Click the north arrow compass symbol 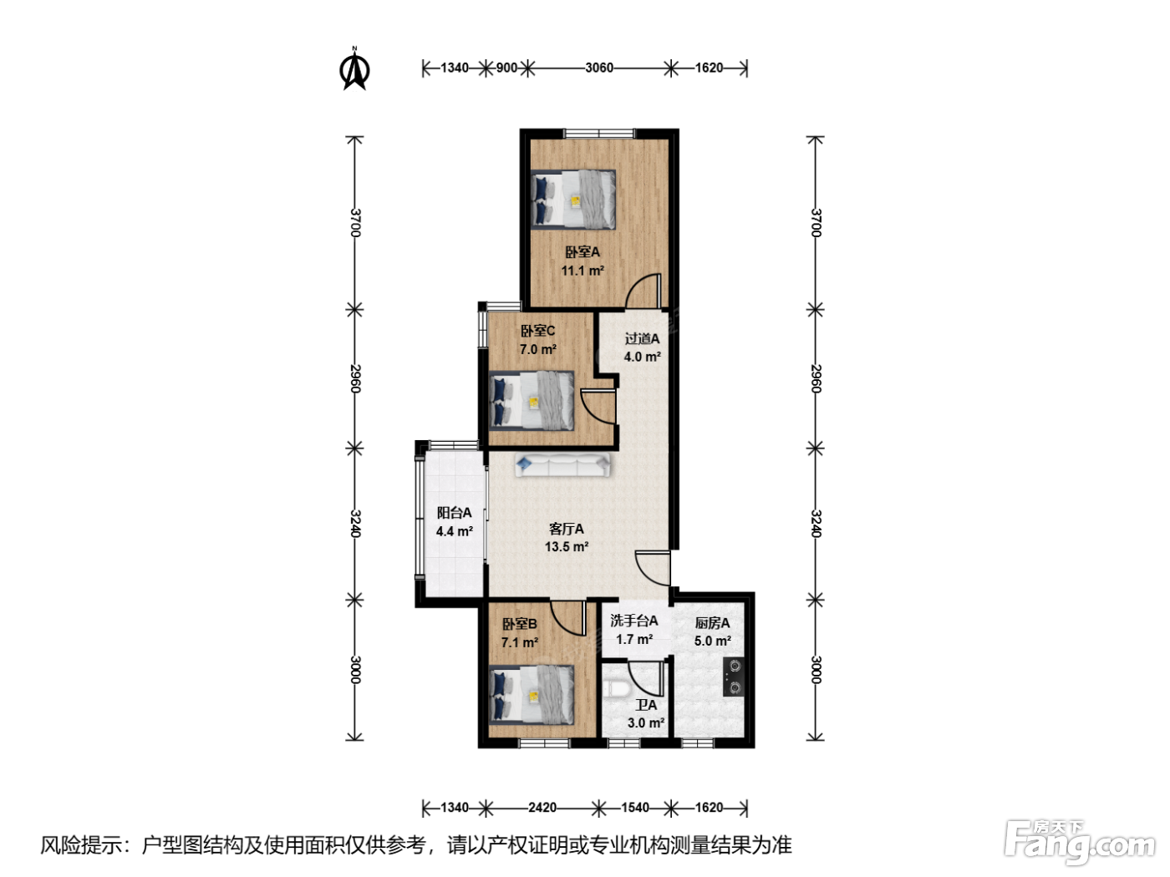coord(354,68)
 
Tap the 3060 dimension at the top coord(598,68)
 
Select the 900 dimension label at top coord(506,68)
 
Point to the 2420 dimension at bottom coord(542,807)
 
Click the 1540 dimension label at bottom coord(635,807)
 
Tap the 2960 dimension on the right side coord(816,378)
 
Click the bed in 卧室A coord(573,200)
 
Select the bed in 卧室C coord(532,400)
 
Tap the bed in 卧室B coord(532,694)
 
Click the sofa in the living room coord(563,465)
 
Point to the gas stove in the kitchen coord(734,677)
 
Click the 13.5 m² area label coord(567,547)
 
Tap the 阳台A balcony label coord(454,512)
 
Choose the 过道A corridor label coord(643,338)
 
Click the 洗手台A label coord(633,621)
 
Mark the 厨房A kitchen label coord(712,622)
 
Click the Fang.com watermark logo coord(1080,843)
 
